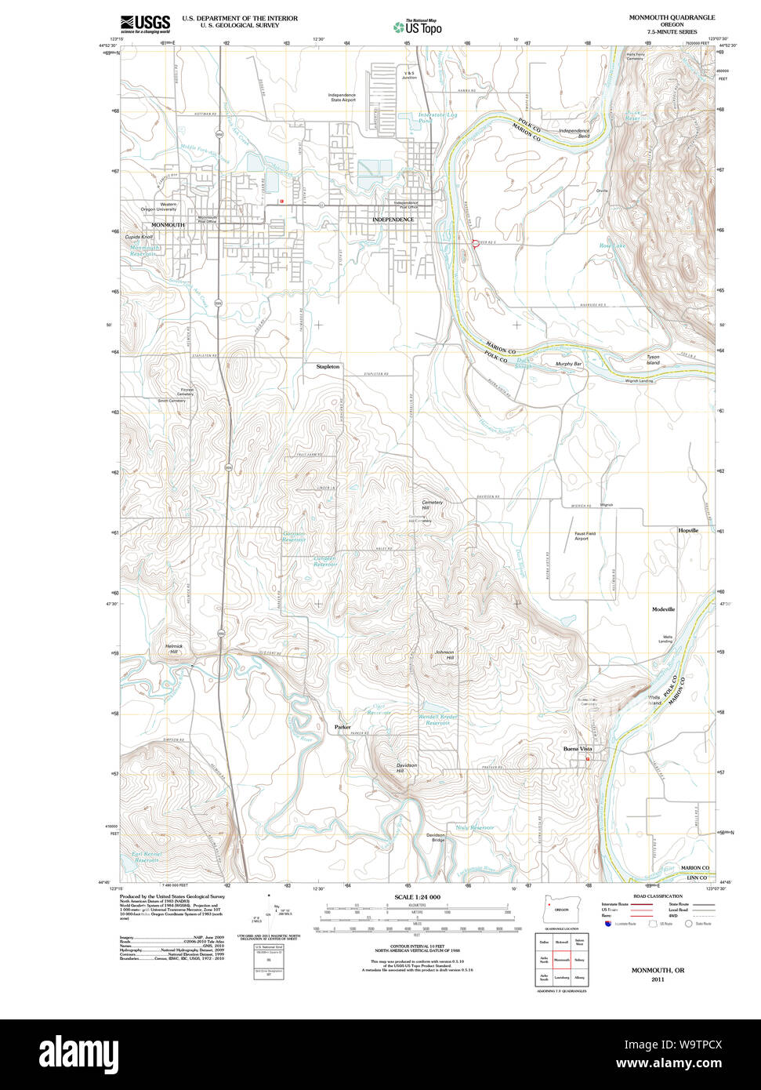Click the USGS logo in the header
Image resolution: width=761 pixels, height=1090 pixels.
point(145,24)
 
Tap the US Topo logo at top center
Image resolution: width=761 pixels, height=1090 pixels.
point(417,27)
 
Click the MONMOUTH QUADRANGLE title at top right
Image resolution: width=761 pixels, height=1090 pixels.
point(671,17)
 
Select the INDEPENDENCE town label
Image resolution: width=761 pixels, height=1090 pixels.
point(393,220)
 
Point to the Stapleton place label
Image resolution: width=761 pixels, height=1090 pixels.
point(328,366)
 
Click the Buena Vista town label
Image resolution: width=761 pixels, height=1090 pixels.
point(578,750)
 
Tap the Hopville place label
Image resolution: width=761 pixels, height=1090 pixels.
point(688,531)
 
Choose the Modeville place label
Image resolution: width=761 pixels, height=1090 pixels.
point(663,609)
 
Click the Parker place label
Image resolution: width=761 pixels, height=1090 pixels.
point(342,727)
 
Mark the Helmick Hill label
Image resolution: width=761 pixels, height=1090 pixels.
point(173,649)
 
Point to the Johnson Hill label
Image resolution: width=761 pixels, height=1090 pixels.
point(444,655)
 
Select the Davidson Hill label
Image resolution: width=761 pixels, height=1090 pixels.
point(406,768)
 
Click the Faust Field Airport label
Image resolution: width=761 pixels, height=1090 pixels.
point(581,536)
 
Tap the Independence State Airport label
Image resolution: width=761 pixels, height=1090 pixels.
point(342,97)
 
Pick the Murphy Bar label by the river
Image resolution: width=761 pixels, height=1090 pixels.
point(568,364)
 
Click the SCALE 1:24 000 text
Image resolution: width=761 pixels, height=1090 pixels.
point(417,897)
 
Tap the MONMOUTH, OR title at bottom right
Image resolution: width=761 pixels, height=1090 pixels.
point(658,970)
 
